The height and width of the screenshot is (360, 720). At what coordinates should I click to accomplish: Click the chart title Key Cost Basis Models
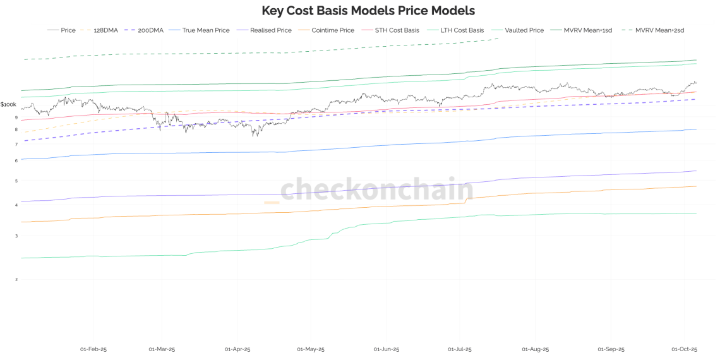point(368,11)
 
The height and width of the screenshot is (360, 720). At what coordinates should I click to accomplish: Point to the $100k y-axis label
point(8,104)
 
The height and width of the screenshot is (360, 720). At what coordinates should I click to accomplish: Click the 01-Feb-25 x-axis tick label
point(93,349)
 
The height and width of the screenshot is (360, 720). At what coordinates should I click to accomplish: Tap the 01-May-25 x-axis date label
point(311,349)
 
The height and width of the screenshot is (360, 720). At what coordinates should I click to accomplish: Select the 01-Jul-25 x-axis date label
point(461,349)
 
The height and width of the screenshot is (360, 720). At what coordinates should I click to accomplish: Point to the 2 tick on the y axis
point(16,279)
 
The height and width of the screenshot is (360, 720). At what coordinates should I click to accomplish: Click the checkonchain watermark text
point(376,189)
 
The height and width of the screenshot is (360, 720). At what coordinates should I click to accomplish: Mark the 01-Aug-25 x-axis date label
point(536,349)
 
